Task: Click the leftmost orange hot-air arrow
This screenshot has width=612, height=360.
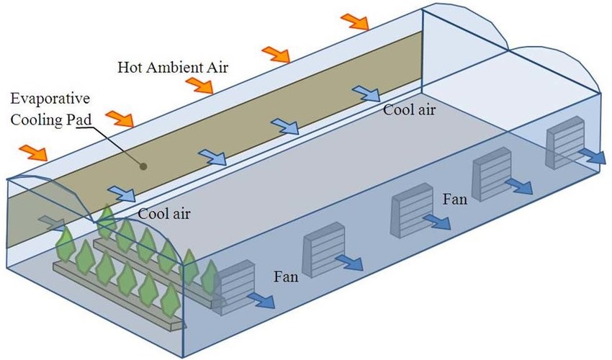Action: (x=33, y=152)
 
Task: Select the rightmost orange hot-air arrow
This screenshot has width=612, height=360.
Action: (x=354, y=21)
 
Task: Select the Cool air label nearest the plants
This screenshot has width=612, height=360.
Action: (x=163, y=213)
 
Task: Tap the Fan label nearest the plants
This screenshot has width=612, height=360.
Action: (x=287, y=276)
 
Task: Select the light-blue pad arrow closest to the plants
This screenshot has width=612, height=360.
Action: (x=121, y=193)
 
